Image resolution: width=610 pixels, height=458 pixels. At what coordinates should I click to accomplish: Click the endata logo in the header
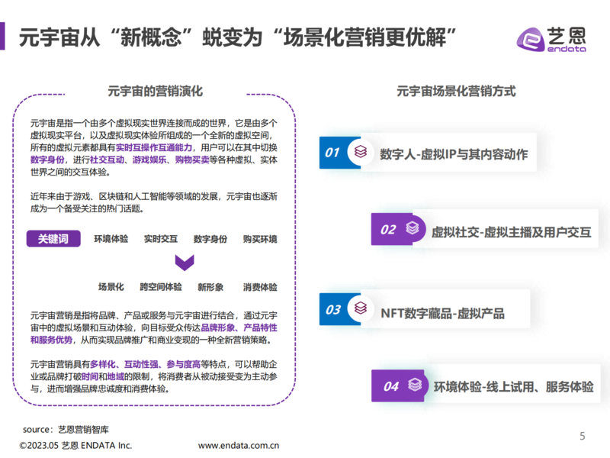(551, 40)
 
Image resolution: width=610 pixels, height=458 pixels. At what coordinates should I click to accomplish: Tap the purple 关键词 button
(53, 238)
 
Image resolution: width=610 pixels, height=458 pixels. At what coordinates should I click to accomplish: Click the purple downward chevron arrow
(185, 263)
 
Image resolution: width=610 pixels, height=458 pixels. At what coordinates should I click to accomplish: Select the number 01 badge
(332, 152)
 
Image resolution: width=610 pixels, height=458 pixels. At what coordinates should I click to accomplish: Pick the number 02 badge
(388, 230)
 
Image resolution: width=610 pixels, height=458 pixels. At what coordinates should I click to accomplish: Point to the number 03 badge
(332, 310)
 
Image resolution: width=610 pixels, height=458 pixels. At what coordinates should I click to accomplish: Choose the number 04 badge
(391, 386)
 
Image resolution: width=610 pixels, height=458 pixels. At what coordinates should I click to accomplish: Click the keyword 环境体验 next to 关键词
(111, 239)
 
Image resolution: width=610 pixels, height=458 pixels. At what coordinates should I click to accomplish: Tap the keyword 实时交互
(161, 239)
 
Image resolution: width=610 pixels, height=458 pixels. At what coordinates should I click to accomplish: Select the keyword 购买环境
(260, 239)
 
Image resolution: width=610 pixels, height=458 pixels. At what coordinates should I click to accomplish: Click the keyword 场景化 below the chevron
(111, 287)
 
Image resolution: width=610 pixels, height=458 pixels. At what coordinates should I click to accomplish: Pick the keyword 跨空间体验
(161, 287)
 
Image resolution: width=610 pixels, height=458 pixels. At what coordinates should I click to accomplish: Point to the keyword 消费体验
(260, 287)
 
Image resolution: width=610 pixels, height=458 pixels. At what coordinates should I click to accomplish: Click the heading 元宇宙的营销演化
(156, 91)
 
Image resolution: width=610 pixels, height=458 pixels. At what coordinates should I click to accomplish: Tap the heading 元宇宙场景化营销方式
(456, 91)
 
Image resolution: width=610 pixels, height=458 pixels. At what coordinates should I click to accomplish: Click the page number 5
(583, 436)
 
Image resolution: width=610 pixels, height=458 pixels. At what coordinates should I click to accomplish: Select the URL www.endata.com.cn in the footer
(239, 446)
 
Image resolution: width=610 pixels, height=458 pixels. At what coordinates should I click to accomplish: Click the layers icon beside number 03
(361, 308)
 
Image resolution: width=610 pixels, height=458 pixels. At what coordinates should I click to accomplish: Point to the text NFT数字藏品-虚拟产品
(442, 313)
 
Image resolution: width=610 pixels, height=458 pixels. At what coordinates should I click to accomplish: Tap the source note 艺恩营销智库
(83, 430)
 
